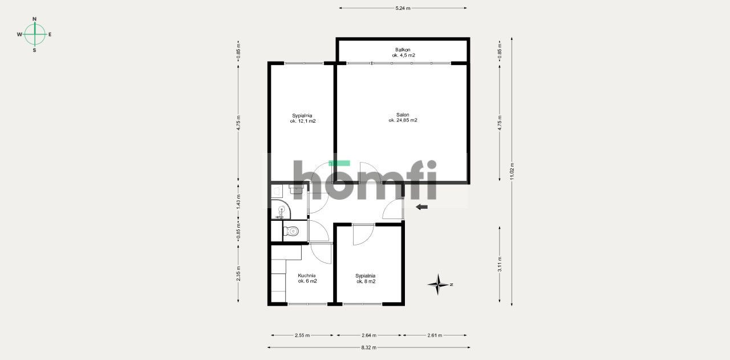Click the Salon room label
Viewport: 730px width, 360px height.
(x=403, y=118)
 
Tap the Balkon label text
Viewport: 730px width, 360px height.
(x=403, y=52)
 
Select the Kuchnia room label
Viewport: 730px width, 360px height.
(x=307, y=278)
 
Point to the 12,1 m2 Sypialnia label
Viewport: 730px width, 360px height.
(x=302, y=118)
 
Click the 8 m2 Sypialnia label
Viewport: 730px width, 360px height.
(x=366, y=278)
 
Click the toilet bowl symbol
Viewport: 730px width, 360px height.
(x=291, y=231)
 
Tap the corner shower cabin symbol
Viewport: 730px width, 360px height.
(x=281, y=210)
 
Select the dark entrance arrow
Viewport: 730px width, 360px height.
(x=421, y=207)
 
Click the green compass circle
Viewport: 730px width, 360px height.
(x=35, y=34)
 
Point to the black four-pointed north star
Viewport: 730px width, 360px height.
(x=439, y=284)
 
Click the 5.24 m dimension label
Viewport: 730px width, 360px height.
(x=403, y=8)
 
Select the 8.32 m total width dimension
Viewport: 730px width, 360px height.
(x=368, y=347)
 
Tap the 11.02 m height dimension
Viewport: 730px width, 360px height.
(x=512, y=172)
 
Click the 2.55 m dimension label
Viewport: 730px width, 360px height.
(x=302, y=335)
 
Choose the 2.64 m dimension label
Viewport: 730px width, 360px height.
(x=369, y=335)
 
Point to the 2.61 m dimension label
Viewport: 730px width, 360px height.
(x=435, y=335)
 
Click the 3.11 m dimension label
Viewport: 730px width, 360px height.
(x=500, y=264)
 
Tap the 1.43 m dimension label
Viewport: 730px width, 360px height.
(x=238, y=202)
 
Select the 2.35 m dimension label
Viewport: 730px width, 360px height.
(x=238, y=274)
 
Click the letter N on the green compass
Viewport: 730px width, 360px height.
(x=35, y=19)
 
